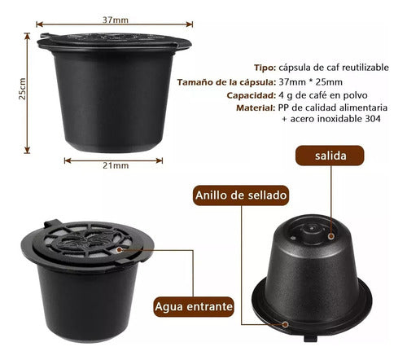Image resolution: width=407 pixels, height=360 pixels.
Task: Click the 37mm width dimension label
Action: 116,17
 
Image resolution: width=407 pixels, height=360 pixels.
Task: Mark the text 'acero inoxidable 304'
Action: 334,119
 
